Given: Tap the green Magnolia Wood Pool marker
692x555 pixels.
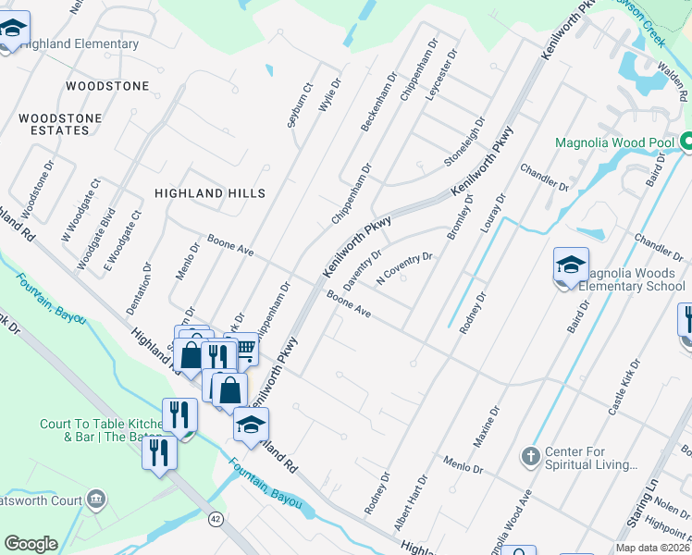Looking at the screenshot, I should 686,142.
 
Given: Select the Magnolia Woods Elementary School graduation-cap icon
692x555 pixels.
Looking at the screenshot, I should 571,266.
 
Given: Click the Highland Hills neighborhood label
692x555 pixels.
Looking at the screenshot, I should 210,193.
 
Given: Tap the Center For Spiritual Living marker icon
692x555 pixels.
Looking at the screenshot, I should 530,456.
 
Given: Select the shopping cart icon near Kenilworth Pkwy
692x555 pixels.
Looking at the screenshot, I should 243,350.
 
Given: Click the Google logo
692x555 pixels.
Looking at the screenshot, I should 31,544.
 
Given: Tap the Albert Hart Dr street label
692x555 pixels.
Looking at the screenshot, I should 412,500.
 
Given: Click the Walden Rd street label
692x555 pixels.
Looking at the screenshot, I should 683,82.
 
